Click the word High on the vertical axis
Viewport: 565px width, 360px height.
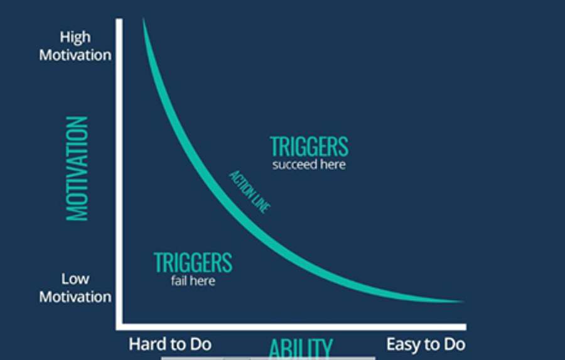click(x=75, y=38)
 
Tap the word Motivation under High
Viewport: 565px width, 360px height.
click(x=75, y=55)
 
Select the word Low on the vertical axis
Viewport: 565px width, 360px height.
click(x=75, y=279)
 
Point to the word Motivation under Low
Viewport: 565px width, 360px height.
click(x=75, y=297)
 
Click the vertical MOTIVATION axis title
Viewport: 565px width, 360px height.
click(x=77, y=168)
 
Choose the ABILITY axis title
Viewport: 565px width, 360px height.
click(x=301, y=349)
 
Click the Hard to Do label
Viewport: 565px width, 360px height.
click(x=170, y=344)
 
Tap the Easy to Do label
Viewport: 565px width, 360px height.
click(x=426, y=344)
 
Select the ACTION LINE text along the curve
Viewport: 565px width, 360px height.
click(x=250, y=192)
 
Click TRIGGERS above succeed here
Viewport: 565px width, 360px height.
click(x=309, y=146)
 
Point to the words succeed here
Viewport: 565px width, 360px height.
click(x=309, y=165)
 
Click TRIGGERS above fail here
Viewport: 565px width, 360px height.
click(x=193, y=263)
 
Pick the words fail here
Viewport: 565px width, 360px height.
click(x=193, y=281)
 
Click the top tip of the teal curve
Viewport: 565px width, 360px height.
click(x=143, y=18)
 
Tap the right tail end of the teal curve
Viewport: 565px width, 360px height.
click(x=463, y=301)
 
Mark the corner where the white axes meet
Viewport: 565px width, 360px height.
click(x=119, y=327)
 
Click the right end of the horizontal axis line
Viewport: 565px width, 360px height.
click(x=466, y=327)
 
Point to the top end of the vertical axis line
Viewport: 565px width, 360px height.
click(x=119, y=19)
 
